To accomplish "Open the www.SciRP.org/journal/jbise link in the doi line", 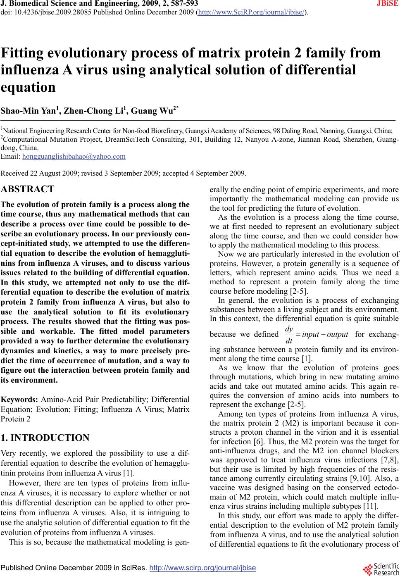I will coord(252,13).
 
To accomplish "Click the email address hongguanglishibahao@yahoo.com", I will coord(74,157).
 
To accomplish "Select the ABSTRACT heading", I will coord(28,189).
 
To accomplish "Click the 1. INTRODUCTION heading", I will coord(45,438).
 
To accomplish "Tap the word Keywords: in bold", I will coord(20,400).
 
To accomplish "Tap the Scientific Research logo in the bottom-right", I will coord(380,569).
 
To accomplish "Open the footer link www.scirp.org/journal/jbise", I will coord(202,568).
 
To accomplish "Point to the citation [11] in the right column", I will coord(367,506).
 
